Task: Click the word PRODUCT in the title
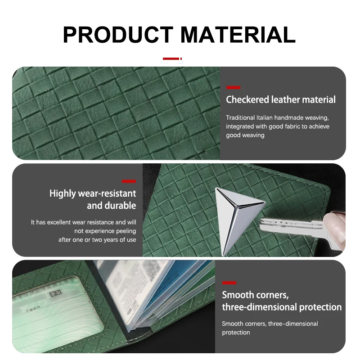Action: pos(118,35)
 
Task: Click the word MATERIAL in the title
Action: pos(238,35)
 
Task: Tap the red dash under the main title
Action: pos(172,58)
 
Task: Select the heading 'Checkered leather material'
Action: pos(280,99)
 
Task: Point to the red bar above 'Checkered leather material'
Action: pos(233,87)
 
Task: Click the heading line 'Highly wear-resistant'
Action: pos(93,193)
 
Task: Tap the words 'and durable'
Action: pos(111,206)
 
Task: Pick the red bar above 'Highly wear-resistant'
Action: pos(129,181)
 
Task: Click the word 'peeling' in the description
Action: pos(126,231)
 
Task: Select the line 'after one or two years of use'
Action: pos(97,240)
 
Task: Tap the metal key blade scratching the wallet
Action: pos(291,225)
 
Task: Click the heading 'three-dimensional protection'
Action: pos(282,307)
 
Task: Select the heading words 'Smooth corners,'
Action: pos(255,295)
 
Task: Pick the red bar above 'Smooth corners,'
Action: pos(229,283)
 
